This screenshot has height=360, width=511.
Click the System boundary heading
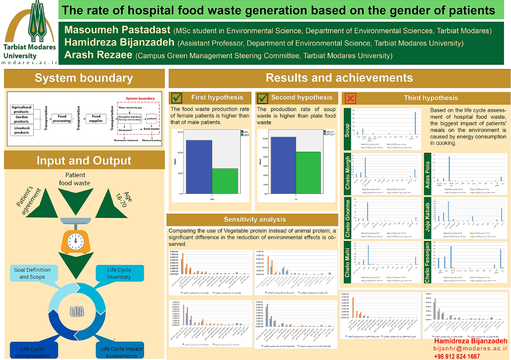84,79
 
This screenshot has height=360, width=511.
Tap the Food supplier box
96,118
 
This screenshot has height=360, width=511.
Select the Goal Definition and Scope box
32,273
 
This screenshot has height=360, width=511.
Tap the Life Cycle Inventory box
119,273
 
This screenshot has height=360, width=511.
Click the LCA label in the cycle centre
77,311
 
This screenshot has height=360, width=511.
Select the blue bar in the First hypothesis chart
198,166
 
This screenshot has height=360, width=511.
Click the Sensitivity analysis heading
254,220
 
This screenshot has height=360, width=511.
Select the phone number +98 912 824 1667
457,356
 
